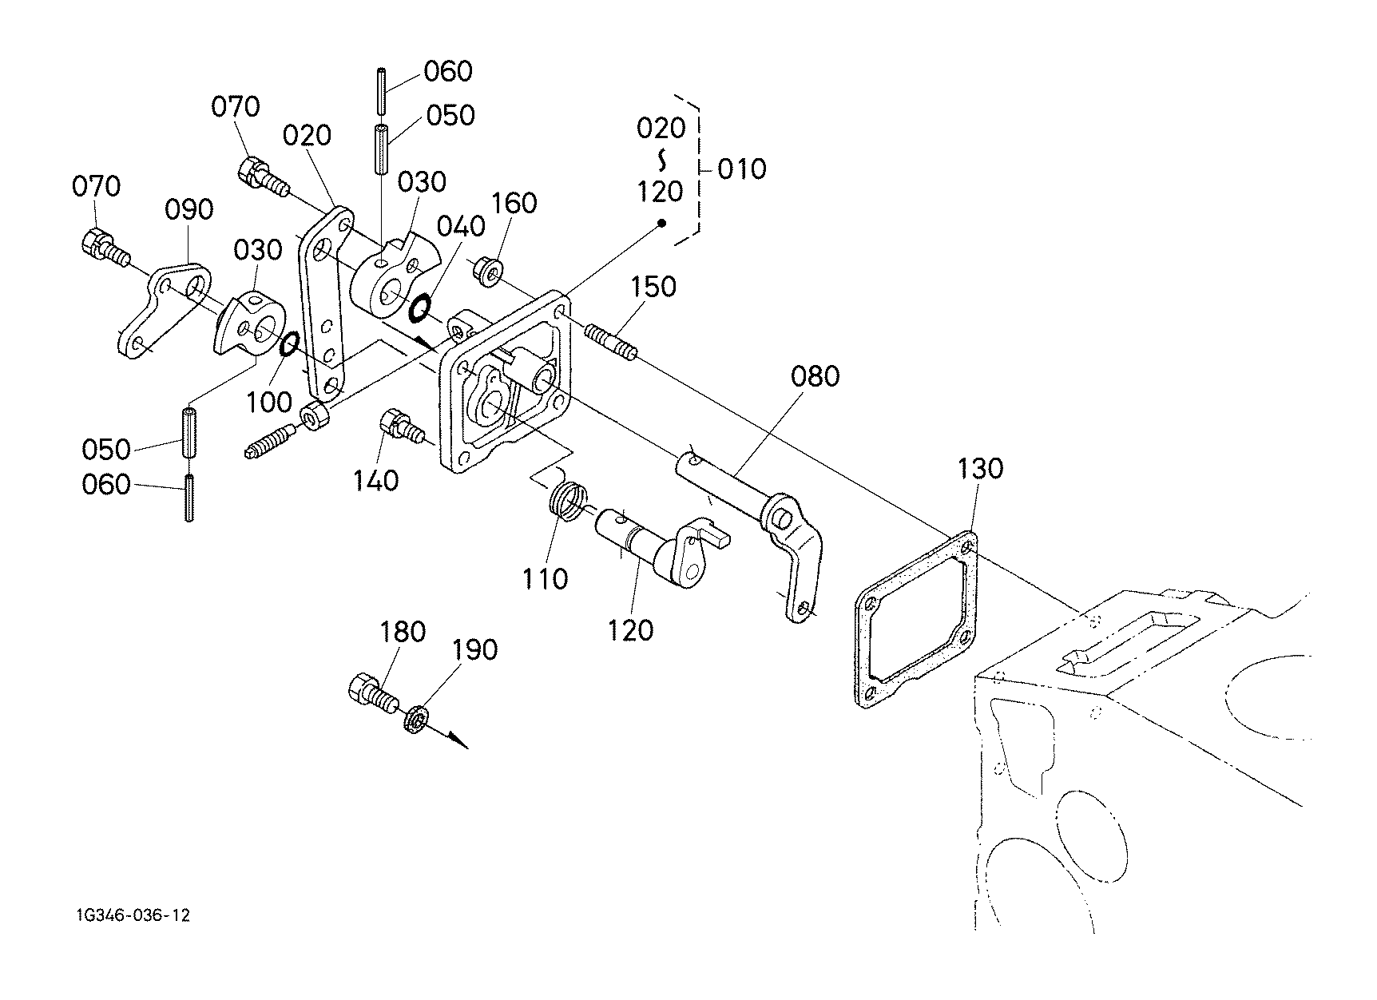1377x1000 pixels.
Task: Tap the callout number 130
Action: pyautogui.click(x=979, y=468)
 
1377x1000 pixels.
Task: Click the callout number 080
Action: pyautogui.click(x=815, y=376)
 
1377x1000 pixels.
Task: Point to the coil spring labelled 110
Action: pyautogui.click(x=568, y=504)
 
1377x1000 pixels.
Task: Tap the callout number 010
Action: pyautogui.click(x=741, y=169)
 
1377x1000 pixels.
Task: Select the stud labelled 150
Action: pyautogui.click(x=612, y=341)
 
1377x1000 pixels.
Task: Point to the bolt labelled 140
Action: pyautogui.click(x=402, y=424)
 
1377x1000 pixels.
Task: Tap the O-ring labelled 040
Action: pyautogui.click(x=419, y=308)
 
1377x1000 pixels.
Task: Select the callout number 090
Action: pyautogui.click(x=189, y=209)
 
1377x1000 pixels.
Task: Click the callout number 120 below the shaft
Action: pyautogui.click(x=631, y=630)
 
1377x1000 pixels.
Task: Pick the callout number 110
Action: pyautogui.click(x=545, y=578)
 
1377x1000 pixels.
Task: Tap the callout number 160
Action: pyautogui.click(x=514, y=203)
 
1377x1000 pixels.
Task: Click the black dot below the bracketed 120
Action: pyautogui.click(x=662, y=223)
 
